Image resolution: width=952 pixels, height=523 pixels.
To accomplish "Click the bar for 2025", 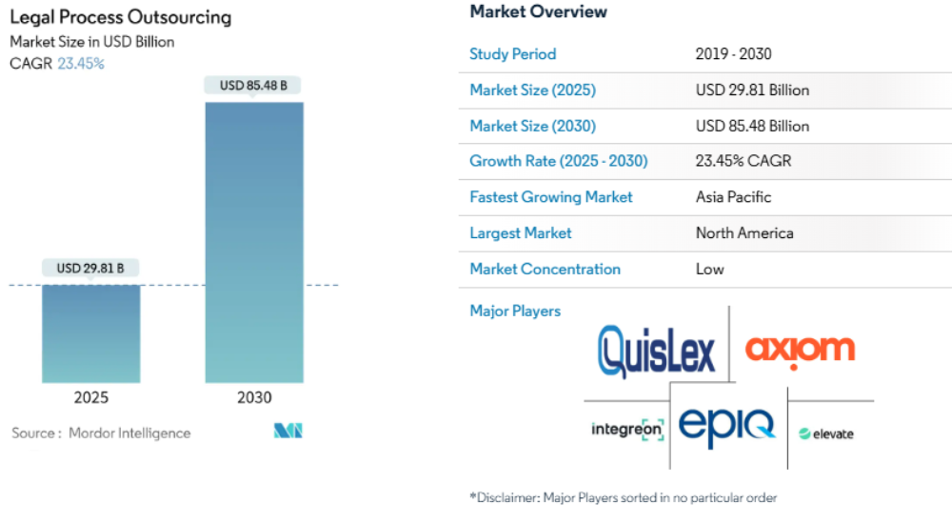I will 90,333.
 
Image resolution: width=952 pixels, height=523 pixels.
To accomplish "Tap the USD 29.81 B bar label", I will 90,268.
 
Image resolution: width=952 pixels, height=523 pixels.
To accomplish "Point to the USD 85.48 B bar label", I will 254,86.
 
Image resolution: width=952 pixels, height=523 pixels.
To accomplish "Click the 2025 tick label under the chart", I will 90,398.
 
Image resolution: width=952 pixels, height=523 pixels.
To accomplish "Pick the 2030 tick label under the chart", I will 254,398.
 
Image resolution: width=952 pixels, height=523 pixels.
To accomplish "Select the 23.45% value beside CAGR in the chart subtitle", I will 81,64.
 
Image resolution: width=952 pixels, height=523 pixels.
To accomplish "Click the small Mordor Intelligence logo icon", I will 288,432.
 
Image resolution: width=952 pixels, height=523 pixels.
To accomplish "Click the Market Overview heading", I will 538,12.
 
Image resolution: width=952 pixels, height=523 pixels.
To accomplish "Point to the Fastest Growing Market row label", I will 550,197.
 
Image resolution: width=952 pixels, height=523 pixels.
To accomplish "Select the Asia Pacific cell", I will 733,197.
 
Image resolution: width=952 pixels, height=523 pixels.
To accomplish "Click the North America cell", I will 744,232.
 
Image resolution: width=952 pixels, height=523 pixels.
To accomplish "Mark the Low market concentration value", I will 709,269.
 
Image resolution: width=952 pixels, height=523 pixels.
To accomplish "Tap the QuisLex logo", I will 656,351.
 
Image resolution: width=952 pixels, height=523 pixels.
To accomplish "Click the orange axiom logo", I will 800,349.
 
